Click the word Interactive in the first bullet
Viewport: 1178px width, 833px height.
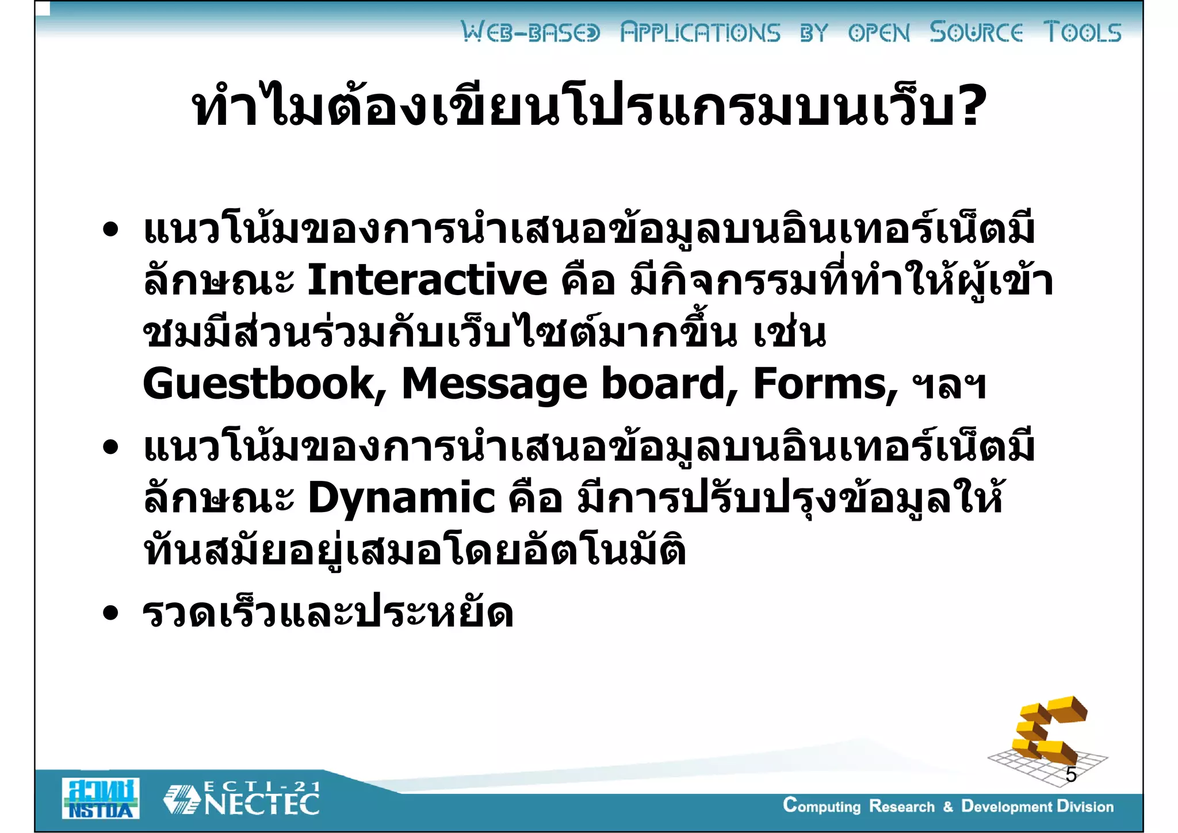[427, 280]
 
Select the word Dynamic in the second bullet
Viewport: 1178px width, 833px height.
[401, 498]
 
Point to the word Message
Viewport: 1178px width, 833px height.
[494, 384]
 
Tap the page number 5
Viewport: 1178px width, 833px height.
[1070, 775]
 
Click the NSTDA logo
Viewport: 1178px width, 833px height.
[101, 798]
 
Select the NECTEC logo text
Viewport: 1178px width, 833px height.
[262, 805]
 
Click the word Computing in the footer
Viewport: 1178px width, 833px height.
[821, 806]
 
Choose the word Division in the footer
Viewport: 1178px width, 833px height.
[1085, 806]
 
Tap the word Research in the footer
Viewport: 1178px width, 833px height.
[901, 806]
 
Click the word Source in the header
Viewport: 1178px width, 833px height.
[976, 32]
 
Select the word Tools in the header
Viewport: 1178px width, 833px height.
[1083, 32]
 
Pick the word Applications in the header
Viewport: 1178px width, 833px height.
[700, 32]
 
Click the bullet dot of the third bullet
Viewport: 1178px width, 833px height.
[110, 613]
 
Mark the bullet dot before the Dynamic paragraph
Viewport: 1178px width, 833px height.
[110, 448]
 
